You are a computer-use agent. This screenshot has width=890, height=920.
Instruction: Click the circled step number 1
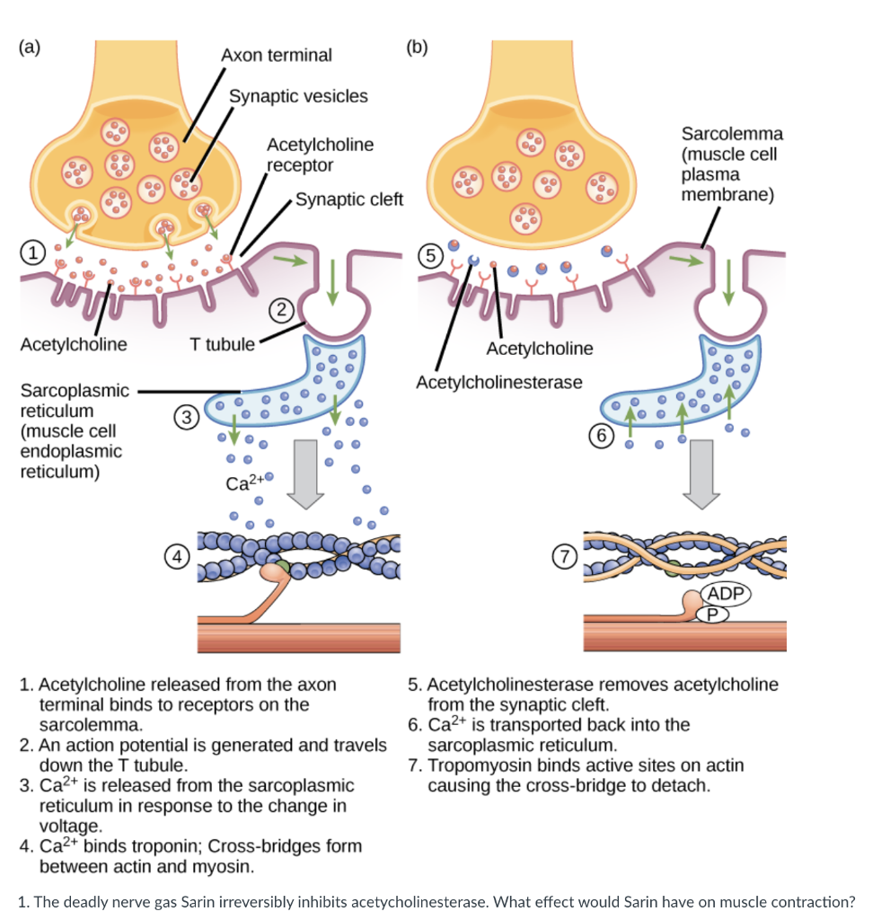pyautogui.click(x=33, y=252)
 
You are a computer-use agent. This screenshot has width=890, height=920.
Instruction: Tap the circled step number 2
pyautogui.click(x=282, y=310)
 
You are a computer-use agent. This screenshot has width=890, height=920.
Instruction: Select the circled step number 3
pyautogui.click(x=187, y=417)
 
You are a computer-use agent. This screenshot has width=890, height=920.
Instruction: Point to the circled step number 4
pyautogui.click(x=177, y=556)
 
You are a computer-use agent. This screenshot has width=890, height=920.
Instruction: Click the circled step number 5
pyautogui.click(x=430, y=256)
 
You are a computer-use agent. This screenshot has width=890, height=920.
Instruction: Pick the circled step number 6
pyautogui.click(x=602, y=436)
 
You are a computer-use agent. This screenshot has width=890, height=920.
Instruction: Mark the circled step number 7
pyautogui.click(x=565, y=556)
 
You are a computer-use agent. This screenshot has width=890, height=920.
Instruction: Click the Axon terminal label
pyautogui.click(x=277, y=55)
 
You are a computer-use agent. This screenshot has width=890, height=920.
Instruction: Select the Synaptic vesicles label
pyautogui.click(x=298, y=96)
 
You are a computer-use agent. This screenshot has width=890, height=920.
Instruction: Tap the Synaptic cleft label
pyautogui.click(x=349, y=199)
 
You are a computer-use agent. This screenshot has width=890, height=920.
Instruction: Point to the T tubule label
pyautogui.click(x=222, y=344)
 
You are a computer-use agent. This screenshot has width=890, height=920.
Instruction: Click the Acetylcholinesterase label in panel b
pyautogui.click(x=499, y=383)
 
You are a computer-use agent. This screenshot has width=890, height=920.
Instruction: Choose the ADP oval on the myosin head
pyautogui.click(x=726, y=594)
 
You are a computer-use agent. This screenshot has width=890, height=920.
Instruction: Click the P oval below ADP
pyautogui.click(x=713, y=615)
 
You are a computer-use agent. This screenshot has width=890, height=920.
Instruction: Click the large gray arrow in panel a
pyautogui.click(x=305, y=474)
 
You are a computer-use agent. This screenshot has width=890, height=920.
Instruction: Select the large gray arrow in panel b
pyautogui.click(x=701, y=474)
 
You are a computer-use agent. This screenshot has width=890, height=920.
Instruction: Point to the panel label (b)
pyautogui.click(x=417, y=47)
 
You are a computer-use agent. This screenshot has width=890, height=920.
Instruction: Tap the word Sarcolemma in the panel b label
pyautogui.click(x=732, y=134)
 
